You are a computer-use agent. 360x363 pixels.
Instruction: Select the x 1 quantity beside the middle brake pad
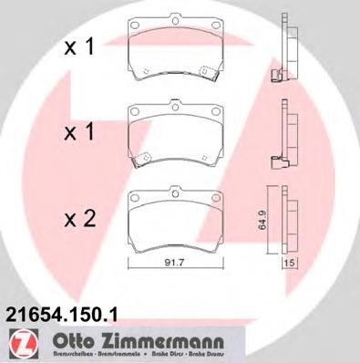77,132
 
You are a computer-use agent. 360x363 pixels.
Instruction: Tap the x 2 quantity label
77,219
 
